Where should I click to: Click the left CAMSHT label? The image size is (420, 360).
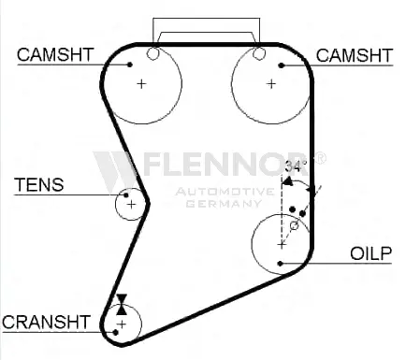point(55,54)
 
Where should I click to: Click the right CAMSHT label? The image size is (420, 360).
point(355,56)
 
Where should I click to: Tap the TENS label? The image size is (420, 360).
point(39,185)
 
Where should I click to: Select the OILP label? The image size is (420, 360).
point(370,253)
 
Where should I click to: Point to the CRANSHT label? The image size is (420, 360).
point(46,322)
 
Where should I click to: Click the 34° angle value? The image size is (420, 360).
point(296,166)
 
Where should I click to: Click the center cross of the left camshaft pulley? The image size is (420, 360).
point(141,84)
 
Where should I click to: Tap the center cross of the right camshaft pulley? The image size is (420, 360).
point(271,84)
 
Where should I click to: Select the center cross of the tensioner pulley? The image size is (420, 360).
point(132,205)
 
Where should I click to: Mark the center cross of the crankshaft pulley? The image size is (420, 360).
point(122,324)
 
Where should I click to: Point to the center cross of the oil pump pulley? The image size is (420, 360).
point(282,245)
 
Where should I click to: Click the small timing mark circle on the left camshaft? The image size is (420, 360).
point(152,53)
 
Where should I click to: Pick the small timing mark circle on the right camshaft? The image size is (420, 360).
point(258,53)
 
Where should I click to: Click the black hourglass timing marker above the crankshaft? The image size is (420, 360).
point(122,304)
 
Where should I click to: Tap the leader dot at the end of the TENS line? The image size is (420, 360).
point(126,195)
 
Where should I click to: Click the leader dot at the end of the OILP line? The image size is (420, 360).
point(280,264)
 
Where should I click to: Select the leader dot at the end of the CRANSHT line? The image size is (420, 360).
point(115,333)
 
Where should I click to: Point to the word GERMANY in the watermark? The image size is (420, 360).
point(224,204)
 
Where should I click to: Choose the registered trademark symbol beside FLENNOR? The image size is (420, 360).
point(320,158)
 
